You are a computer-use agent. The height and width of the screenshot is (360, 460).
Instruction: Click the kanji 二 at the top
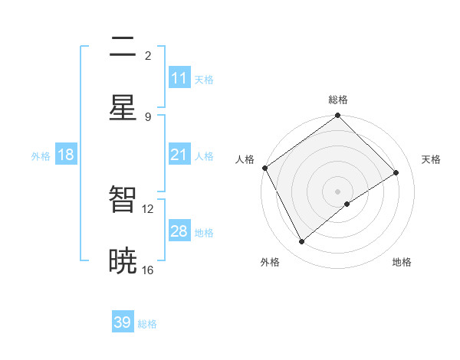click(x=123, y=47)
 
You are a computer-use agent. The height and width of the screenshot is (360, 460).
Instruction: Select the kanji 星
click(x=123, y=109)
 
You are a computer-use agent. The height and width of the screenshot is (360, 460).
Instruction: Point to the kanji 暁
click(x=123, y=261)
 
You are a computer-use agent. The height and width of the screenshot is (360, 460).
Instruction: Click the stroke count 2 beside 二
click(x=147, y=55)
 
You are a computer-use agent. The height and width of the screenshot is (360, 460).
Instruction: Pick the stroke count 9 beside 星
click(x=147, y=116)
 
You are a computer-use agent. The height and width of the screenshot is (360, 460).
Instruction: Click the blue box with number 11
click(x=179, y=78)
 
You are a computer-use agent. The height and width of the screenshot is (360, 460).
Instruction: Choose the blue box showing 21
click(x=179, y=155)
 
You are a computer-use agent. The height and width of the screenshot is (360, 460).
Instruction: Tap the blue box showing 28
click(x=179, y=231)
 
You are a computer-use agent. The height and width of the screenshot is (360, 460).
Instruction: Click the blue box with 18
click(x=66, y=155)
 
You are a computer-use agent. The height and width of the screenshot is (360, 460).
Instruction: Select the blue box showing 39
click(x=123, y=322)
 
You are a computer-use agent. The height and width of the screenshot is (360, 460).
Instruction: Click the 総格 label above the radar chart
click(x=338, y=100)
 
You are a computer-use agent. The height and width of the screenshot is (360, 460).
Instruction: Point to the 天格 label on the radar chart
click(x=431, y=159)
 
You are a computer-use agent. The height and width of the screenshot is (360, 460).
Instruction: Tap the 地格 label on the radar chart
click(x=402, y=262)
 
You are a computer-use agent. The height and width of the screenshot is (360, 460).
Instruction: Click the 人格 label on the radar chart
click(x=245, y=159)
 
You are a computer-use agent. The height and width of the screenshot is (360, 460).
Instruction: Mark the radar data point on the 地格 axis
click(x=347, y=204)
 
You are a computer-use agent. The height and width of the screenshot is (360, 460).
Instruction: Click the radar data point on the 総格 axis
click(x=338, y=116)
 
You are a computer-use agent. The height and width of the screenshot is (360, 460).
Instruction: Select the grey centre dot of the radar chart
click(x=338, y=191)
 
